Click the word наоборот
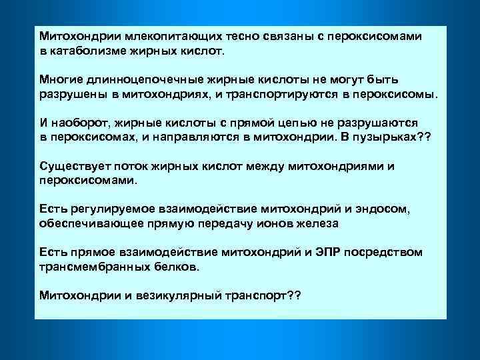[79, 123]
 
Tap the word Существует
[73, 167]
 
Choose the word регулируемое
[109, 210]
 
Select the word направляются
[199, 137]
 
